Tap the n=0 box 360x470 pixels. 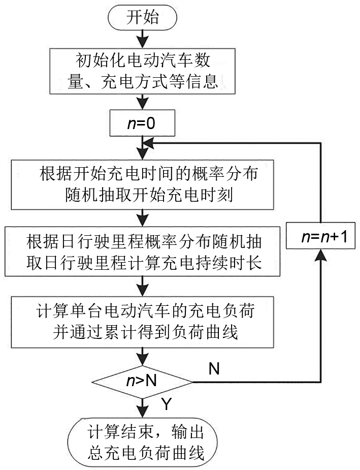pos(142,123)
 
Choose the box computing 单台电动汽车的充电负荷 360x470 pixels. pos(142,319)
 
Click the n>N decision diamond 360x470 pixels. pos(143,380)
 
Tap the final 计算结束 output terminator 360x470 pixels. pos(143,443)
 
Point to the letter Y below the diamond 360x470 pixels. pos(166,404)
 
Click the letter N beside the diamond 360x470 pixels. pos(214,368)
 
